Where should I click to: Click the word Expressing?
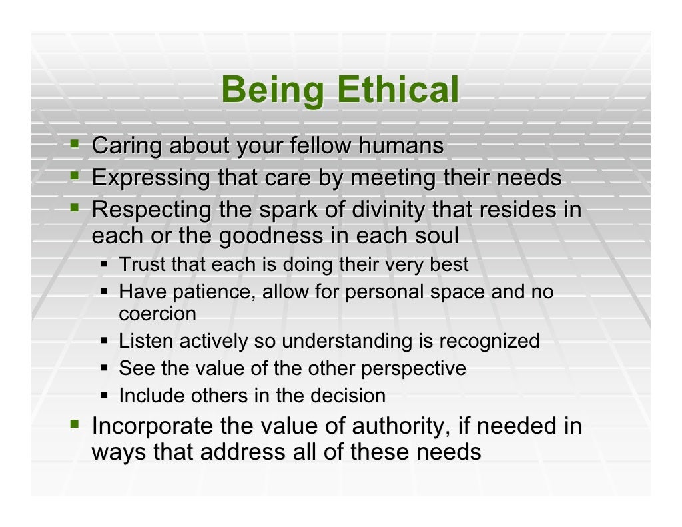coord(152,179)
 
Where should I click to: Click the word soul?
coord(436,237)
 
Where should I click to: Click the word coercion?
coord(158,314)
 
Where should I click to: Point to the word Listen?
coord(141,342)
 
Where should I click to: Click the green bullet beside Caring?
coord(76,144)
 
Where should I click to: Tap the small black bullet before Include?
coord(105,396)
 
